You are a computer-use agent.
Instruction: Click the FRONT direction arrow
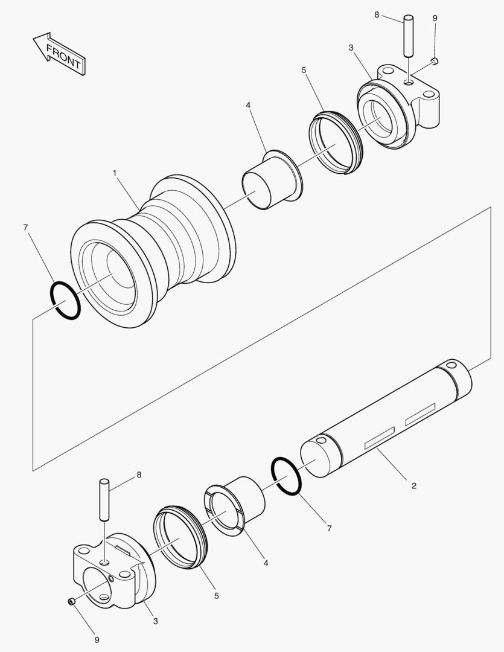tap(58, 55)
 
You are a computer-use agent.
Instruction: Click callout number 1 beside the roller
tap(115, 173)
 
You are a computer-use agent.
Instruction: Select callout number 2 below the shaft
tap(413, 485)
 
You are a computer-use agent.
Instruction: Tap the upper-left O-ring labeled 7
tap(65, 301)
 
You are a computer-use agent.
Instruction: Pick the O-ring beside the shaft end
tap(286, 476)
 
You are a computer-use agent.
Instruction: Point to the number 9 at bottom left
tap(96, 639)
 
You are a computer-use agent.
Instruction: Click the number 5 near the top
tap(304, 70)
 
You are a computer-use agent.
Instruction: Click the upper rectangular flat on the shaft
tap(419, 415)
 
